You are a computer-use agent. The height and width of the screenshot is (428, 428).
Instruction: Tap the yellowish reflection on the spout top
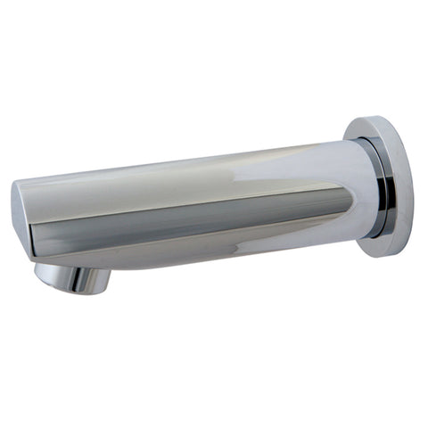point(223,165)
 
